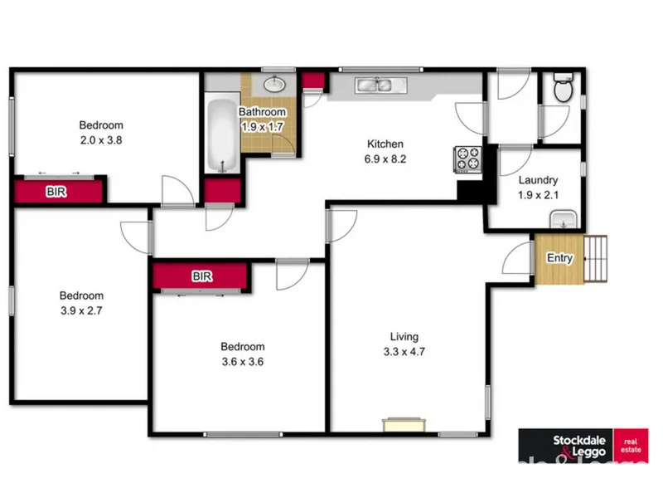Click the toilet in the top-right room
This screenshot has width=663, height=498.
tap(564, 88)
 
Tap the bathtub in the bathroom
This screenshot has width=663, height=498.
tap(222, 134)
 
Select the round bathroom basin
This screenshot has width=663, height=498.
tap(275, 84)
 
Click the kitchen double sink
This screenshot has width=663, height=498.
tap(381, 85)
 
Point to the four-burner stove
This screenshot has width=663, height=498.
tap(468, 159)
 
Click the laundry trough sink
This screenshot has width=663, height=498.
tap(564, 219)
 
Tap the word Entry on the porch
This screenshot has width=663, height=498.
tap(560, 258)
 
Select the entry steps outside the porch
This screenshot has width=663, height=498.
tap(595, 259)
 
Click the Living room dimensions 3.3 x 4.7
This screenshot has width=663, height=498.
tap(404, 352)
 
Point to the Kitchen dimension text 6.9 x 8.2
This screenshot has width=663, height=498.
tap(385, 159)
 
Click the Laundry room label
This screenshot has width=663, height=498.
tap(538, 180)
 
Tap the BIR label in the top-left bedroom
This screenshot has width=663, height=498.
tap(56, 192)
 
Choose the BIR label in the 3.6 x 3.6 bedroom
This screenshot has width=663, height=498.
tap(202, 276)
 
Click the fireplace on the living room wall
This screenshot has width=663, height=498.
tap(404, 425)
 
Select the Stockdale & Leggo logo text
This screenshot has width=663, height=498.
tap(579, 447)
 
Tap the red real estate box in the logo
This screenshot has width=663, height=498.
tap(631, 446)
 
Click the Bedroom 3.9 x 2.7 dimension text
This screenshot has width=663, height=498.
tap(81, 310)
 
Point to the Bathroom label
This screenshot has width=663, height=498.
tap(262, 112)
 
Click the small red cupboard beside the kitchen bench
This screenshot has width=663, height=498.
tap(313, 81)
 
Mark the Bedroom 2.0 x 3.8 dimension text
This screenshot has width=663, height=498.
tap(101, 140)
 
